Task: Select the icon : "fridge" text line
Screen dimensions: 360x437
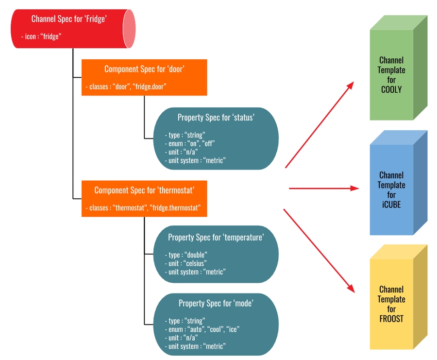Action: pyautogui.click(x=41, y=36)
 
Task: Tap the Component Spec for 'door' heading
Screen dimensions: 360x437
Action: pyautogui.click(x=144, y=69)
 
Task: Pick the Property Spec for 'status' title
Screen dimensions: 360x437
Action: pyautogui.click(x=216, y=118)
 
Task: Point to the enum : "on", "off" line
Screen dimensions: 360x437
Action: pyautogui.click(x=190, y=143)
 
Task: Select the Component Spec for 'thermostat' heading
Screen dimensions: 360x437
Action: pyautogui.click(x=144, y=190)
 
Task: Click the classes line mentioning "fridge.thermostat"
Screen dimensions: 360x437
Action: pyautogui.click(x=146, y=208)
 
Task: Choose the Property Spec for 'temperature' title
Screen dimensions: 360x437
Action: pyautogui.click(x=216, y=237)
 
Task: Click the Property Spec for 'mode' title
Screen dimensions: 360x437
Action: pyautogui.click(x=216, y=303)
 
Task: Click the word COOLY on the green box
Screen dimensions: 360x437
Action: pyautogui.click(x=391, y=89)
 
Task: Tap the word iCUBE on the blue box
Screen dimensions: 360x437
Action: pyautogui.click(x=391, y=205)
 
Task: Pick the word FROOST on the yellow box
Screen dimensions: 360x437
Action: pyautogui.click(x=391, y=319)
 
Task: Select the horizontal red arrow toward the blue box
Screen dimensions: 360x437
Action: pyautogui.click(x=324, y=188)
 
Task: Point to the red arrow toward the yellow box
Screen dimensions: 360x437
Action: pyautogui.click(x=319, y=251)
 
